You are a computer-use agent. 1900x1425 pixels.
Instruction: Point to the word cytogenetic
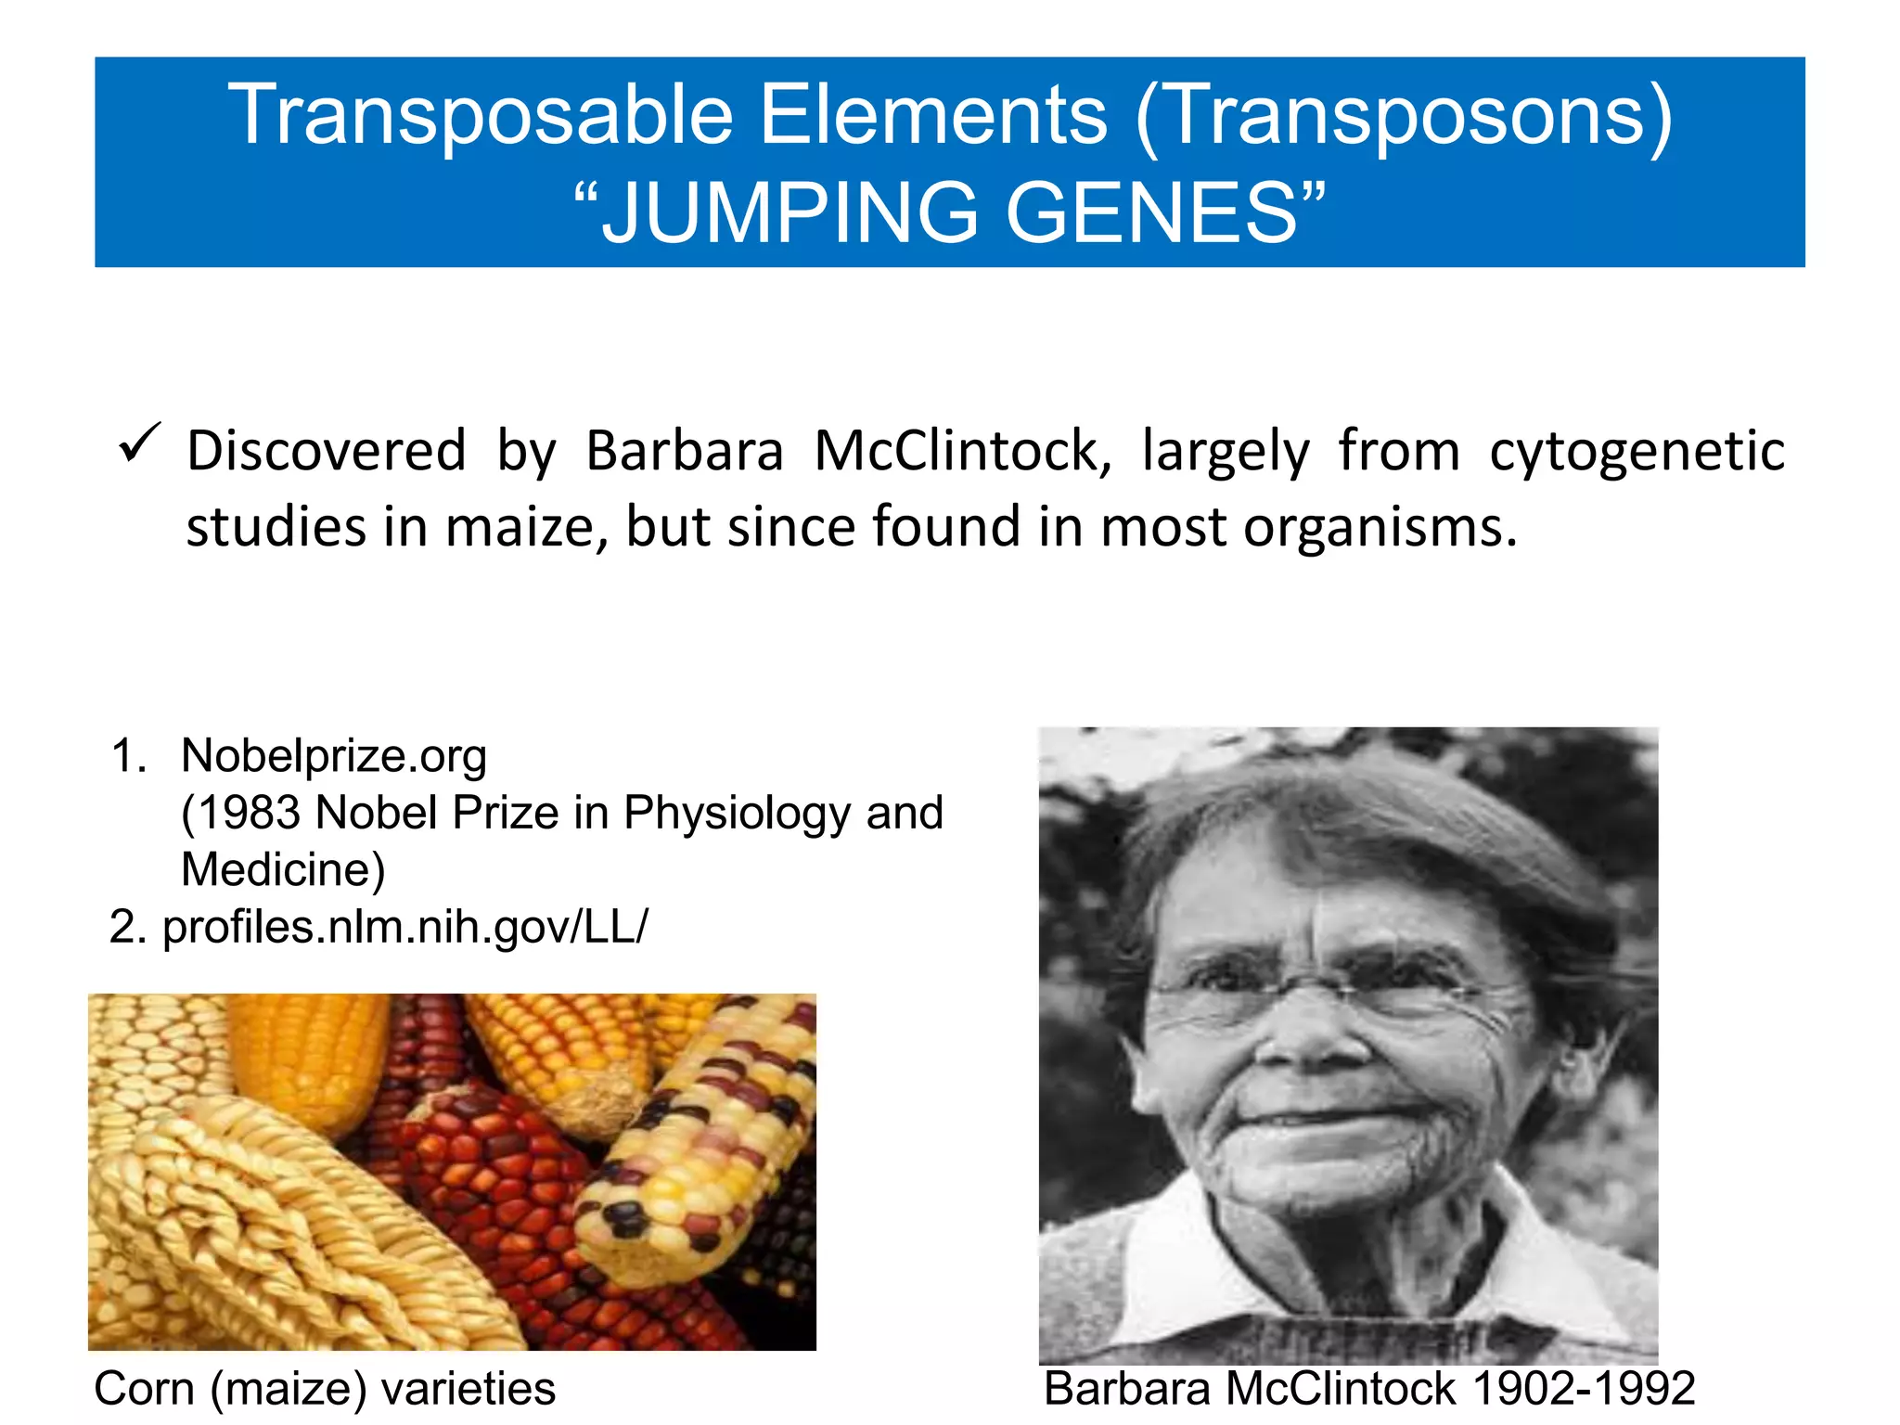[x=1637, y=452]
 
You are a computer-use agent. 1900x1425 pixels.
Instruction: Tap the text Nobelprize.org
[x=334, y=755]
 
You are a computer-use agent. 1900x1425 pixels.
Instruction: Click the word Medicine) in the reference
[x=283, y=869]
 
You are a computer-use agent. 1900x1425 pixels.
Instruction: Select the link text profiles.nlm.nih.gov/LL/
[x=404, y=927]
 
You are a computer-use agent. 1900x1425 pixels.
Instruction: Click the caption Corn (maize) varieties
[x=325, y=1389]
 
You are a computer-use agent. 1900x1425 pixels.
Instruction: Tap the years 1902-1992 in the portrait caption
[x=1584, y=1389]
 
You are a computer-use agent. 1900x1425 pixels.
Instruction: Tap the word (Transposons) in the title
[x=1405, y=115]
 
